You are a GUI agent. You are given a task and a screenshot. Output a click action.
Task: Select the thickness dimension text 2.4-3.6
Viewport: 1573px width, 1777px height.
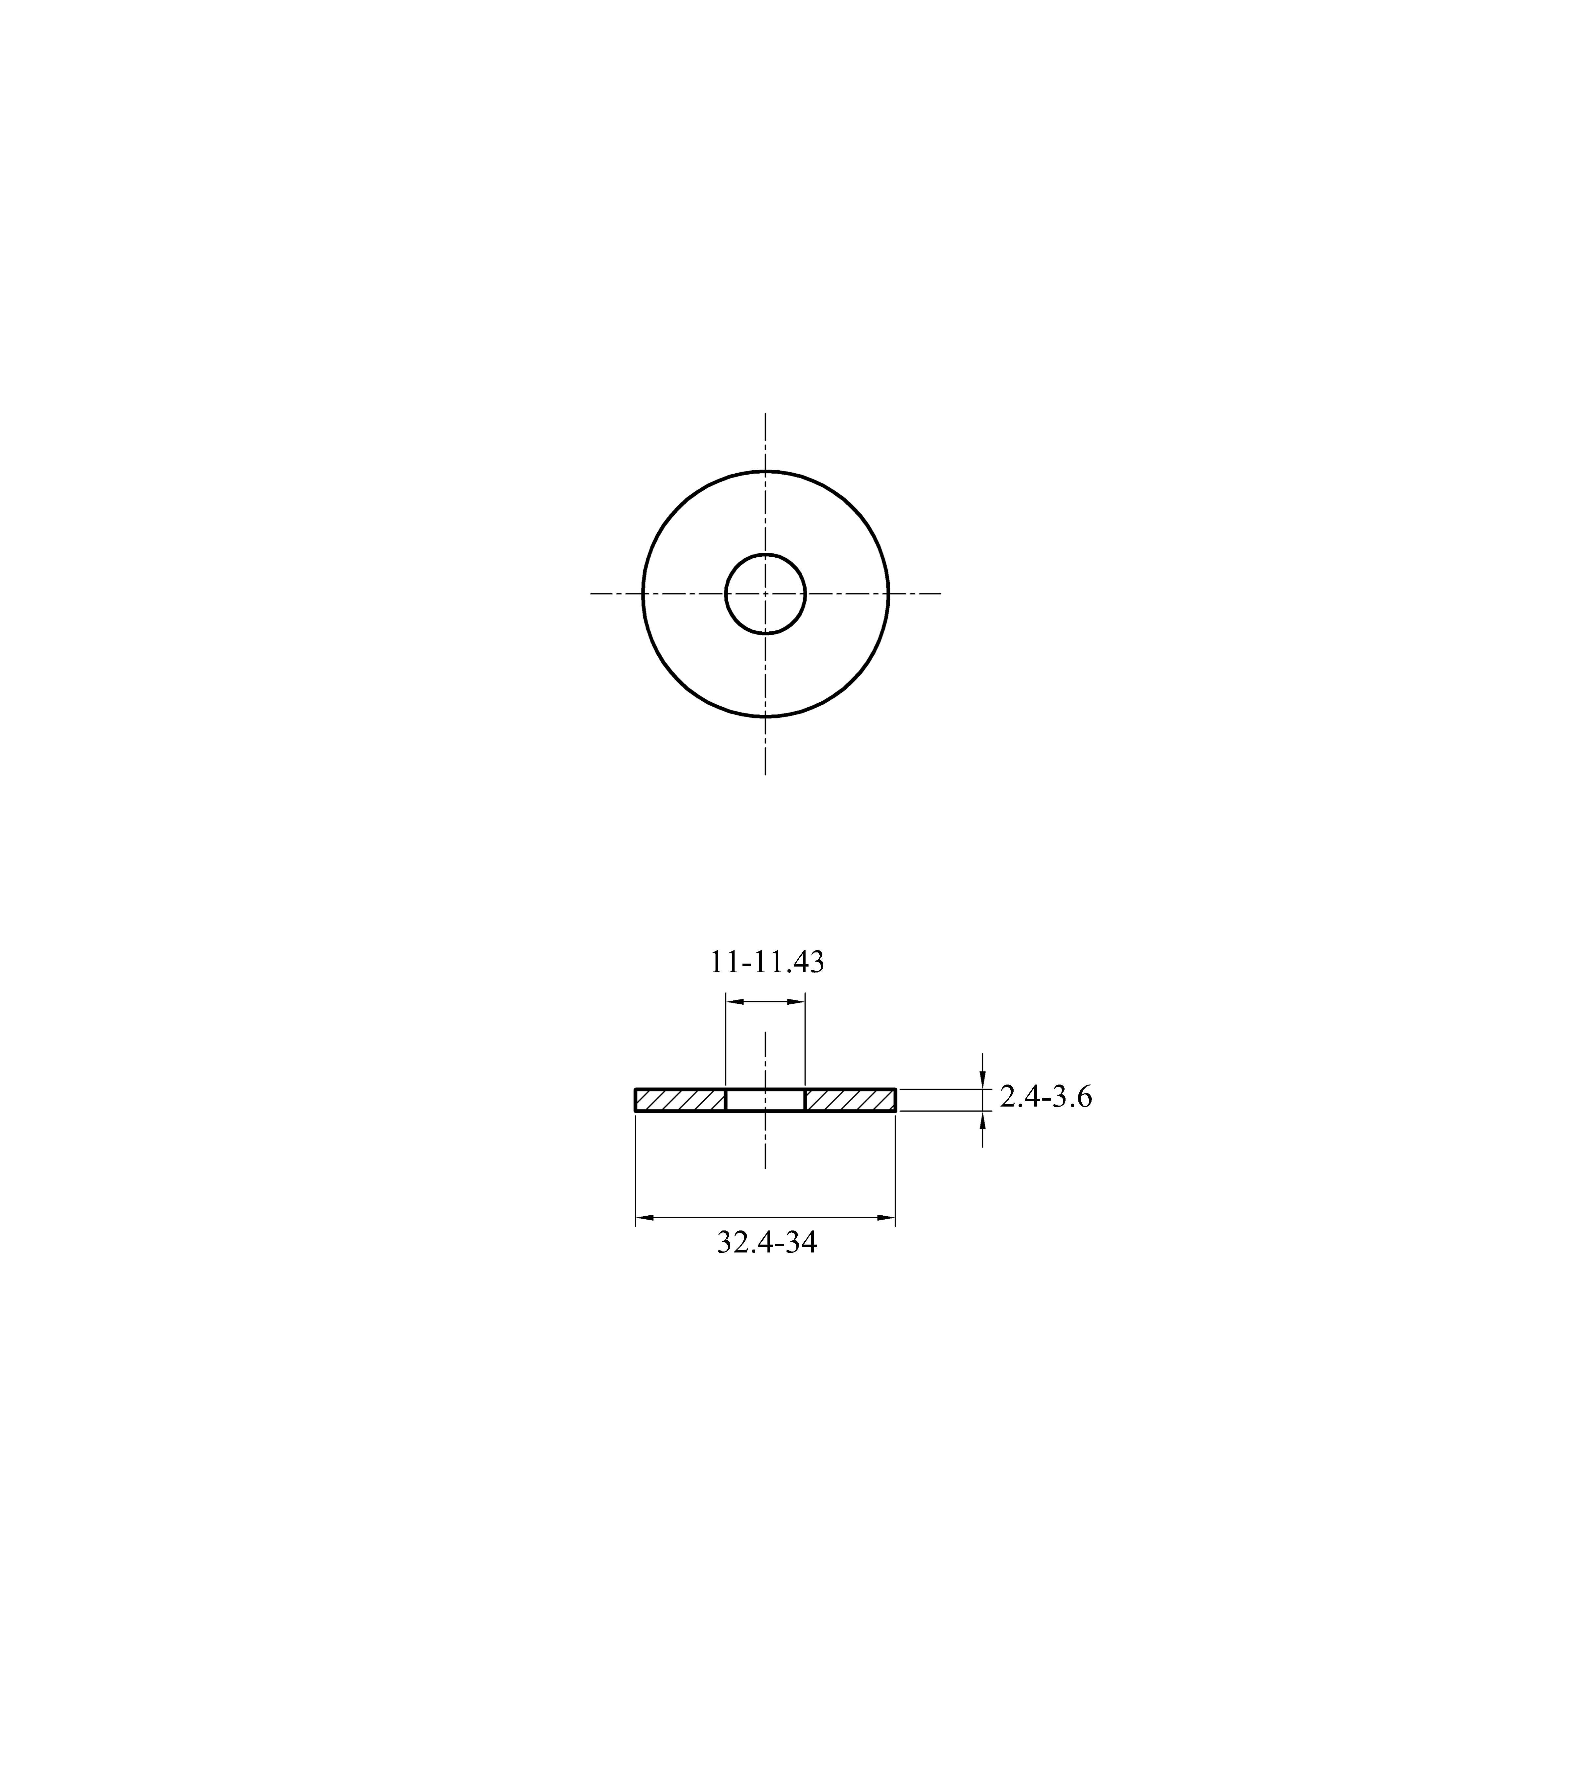click(1046, 1098)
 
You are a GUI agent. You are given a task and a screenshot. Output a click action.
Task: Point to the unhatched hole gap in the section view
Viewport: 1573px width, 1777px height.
click(765, 1100)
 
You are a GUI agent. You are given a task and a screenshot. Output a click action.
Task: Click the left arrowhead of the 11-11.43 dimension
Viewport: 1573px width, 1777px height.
click(735, 1001)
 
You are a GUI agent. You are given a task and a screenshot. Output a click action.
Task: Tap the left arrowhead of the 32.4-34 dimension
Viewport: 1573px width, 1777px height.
click(645, 1217)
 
